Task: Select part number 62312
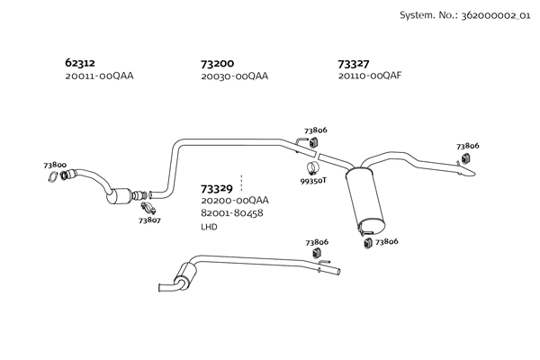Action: click(80, 63)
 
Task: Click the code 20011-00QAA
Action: click(99, 76)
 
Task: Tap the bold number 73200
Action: click(218, 63)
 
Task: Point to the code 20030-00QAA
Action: click(235, 76)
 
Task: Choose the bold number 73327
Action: click(354, 63)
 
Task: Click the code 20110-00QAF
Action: click(370, 76)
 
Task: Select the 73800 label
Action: click(55, 166)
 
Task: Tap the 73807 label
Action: click(149, 220)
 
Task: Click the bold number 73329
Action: click(218, 188)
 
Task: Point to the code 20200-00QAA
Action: click(235, 201)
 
